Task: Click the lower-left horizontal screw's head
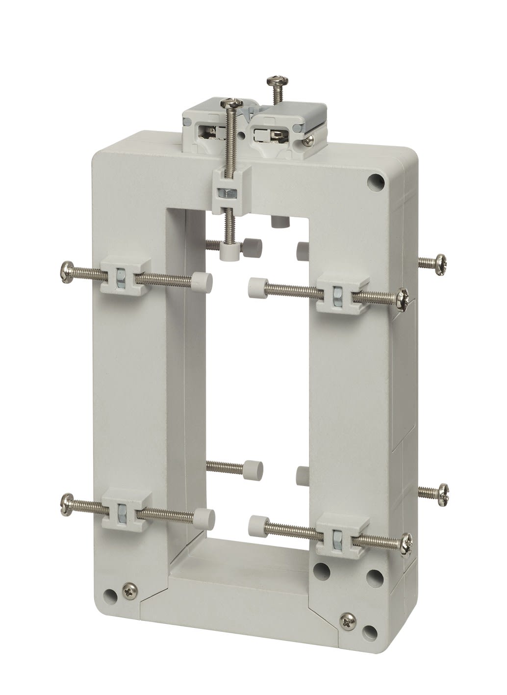pos(65,500)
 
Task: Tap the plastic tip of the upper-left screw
pos(203,283)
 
